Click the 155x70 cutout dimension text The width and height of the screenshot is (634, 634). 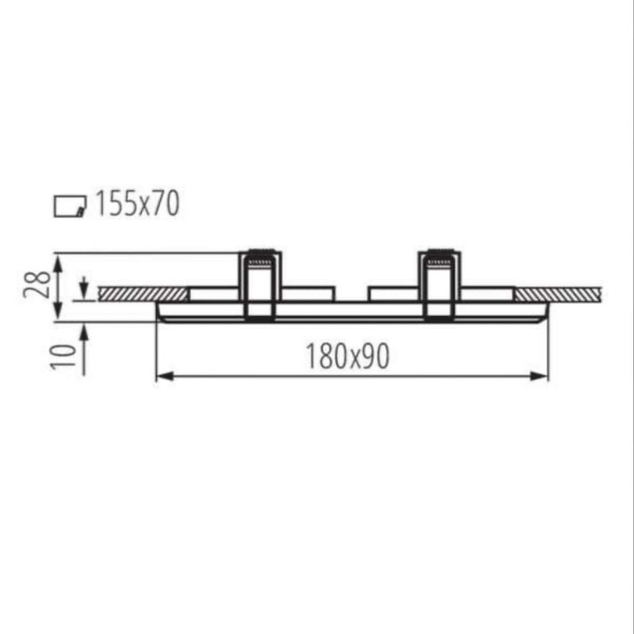[137, 204]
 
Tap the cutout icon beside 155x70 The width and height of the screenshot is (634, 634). [70, 206]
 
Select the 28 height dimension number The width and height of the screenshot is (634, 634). [36, 285]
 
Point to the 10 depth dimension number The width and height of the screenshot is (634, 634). [63, 356]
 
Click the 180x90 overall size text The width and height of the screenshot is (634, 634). [347, 356]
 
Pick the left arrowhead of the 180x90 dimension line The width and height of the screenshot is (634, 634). [165, 376]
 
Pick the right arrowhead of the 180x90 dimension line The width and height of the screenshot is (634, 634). [540, 376]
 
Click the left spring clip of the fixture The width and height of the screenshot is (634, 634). [260, 285]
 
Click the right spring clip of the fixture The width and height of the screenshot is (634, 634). [440, 285]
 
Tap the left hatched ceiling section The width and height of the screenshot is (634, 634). [143, 293]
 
